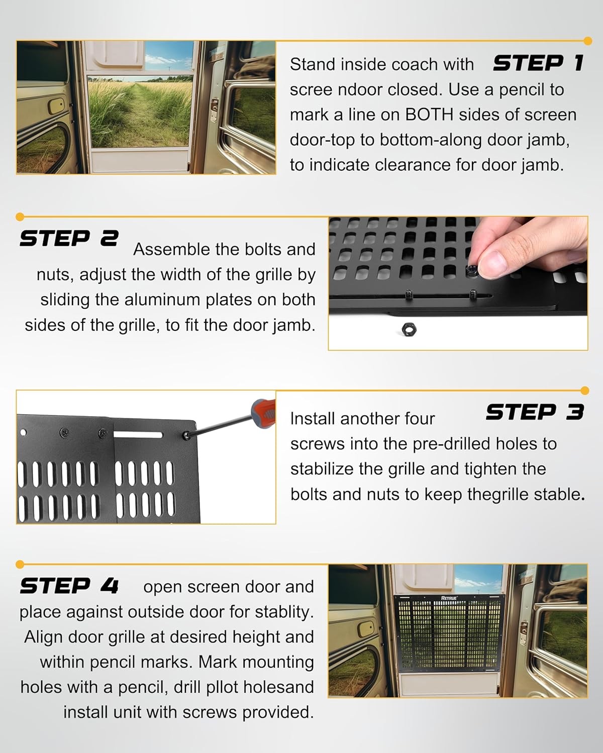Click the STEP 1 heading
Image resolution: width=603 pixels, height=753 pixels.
coord(538,63)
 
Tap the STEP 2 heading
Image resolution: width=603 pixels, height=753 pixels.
coord(69,238)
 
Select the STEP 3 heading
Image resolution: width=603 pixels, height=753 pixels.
coord(535,412)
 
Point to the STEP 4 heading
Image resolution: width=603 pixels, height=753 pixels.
coord(69,586)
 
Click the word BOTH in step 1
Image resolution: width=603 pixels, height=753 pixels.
coord(429,115)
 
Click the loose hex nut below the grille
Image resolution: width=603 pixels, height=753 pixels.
coord(409,330)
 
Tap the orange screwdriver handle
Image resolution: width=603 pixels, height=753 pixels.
coord(264,412)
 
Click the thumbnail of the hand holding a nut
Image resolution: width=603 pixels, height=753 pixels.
coord(458,283)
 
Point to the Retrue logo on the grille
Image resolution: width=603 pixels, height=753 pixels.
coord(449,598)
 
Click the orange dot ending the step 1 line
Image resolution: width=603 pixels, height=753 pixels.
coord(588,41)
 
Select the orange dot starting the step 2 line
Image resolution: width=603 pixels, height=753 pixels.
coord(20,217)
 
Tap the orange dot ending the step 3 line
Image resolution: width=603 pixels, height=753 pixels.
coord(584,391)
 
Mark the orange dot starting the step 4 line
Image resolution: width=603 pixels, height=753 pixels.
coord(20,564)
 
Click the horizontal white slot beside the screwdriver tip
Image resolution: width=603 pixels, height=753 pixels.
coord(138,435)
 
